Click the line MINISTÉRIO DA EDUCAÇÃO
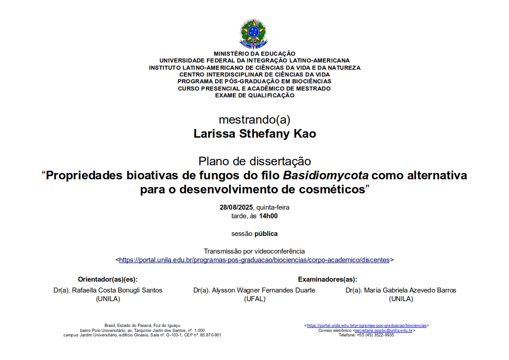pyautogui.click(x=254, y=54)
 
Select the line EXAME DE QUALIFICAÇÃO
pyautogui.click(x=254, y=96)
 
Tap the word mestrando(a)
pyautogui.click(x=254, y=120)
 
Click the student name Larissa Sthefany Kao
pyautogui.click(x=254, y=134)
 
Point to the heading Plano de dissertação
pyautogui.click(x=254, y=161)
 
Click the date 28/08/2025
pyautogui.click(x=236, y=207)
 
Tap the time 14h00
pyautogui.click(x=268, y=216)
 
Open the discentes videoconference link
pyautogui.click(x=254, y=260)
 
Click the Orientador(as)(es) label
pyautogui.click(x=108, y=279)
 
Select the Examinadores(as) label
pyautogui.click(x=327, y=279)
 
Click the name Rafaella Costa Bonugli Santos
pyautogui.click(x=117, y=290)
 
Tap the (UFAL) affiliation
pyautogui.click(x=254, y=299)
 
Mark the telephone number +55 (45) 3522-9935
pyautogui.click(x=375, y=335)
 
